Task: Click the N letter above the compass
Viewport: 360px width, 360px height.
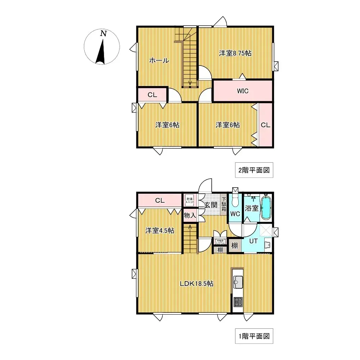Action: [x=103, y=33]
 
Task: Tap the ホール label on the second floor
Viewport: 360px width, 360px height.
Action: [x=159, y=61]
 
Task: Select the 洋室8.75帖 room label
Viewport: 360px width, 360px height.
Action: [x=235, y=53]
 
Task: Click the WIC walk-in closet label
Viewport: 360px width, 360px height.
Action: [x=242, y=91]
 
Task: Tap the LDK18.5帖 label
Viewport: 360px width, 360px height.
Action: [x=197, y=284]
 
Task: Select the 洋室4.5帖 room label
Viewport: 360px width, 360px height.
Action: [x=160, y=230]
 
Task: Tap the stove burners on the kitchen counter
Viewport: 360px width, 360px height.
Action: [x=238, y=302]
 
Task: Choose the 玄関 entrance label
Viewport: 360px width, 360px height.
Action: [x=211, y=205]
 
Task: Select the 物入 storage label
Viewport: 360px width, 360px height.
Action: [x=189, y=216]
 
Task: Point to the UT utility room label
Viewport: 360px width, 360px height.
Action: [x=253, y=241]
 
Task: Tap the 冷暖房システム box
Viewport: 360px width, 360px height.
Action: [x=220, y=242]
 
